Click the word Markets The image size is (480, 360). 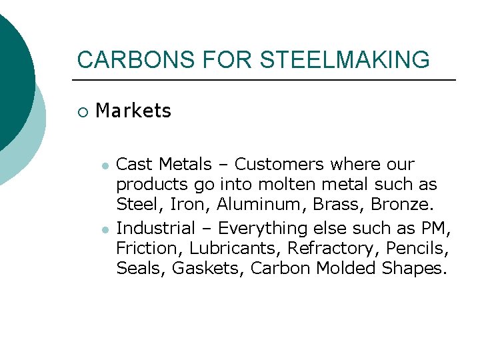tap(133, 111)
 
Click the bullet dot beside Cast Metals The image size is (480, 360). tap(105, 165)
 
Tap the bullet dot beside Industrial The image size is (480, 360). tap(105, 229)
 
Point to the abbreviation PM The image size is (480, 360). tap(436, 228)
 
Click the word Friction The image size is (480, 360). tap(150, 248)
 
